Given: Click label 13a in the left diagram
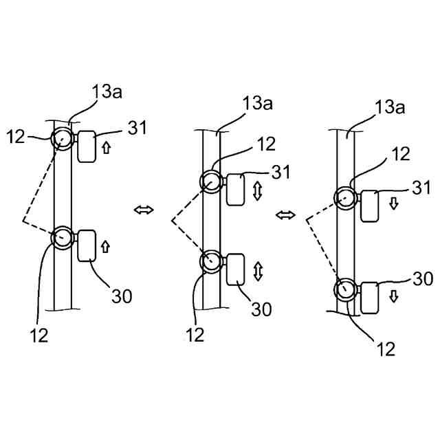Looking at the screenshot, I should (x=108, y=91).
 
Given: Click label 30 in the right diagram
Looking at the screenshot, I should (x=422, y=278).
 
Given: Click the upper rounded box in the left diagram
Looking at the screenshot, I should (x=87, y=146).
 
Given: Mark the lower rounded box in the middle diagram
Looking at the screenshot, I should (x=236, y=269).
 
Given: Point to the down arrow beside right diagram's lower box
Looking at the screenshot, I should (x=394, y=296).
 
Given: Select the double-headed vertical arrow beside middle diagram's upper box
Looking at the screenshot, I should (x=258, y=190).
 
